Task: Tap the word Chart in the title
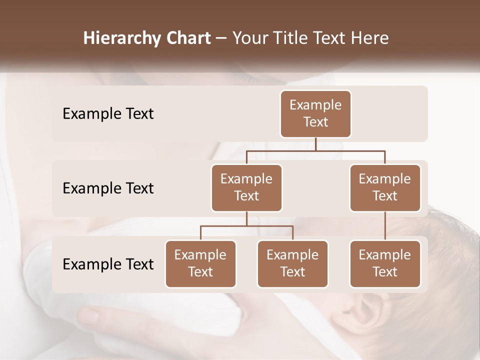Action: (188, 38)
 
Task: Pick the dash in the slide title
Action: (221, 39)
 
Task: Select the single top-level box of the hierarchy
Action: (315, 114)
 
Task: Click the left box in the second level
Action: (246, 188)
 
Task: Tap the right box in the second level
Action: (385, 188)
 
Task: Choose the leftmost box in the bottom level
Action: (200, 264)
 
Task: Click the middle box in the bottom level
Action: (292, 264)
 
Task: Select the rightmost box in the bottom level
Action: (385, 264)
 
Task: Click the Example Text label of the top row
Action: (108, 114)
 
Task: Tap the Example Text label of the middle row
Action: (108, 188)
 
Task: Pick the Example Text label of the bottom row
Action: (108, 264)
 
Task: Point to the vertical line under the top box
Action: (315, 144)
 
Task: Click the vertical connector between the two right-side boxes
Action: (385, 226)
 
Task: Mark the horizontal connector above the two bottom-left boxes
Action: (246, 226)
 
